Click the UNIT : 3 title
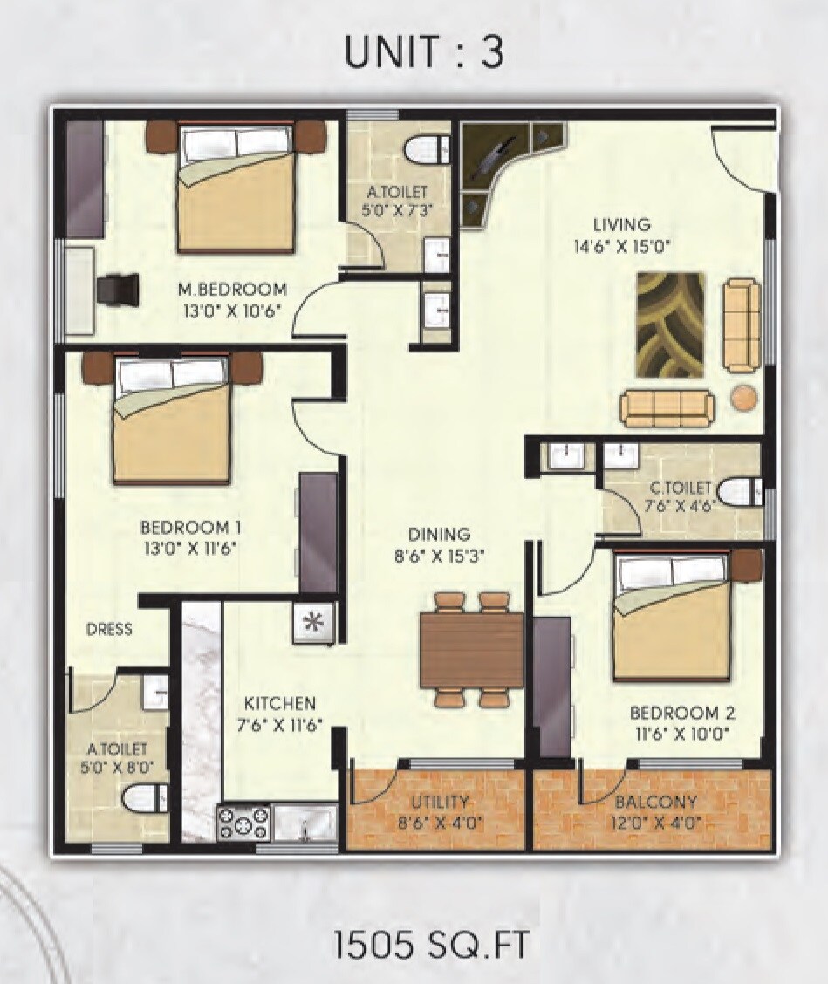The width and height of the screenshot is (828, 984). (x=424, y=53)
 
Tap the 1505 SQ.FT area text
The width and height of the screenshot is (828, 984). (x=431, y=945)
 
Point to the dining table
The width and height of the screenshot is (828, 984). (x=471, y=649)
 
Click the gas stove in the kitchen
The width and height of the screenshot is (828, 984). (x=243, y=822)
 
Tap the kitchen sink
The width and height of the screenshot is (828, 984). (x=305, y=822)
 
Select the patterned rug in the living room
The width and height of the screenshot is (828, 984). (x=670, y=325)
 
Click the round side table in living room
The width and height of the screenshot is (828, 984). (x=744, y=398)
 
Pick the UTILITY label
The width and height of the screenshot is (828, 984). (x=441, y=802)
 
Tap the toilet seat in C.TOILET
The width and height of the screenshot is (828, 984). (x=740, y=492)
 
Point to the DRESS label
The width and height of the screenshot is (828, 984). (x=110, y=629)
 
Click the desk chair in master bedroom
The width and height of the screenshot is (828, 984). (x=118, y=288)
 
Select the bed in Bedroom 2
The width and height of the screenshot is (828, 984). (x=672, y=615)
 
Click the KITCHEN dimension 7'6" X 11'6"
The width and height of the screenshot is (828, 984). (x=279, y=723)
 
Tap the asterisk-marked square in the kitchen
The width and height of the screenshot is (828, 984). (x=312, y=624)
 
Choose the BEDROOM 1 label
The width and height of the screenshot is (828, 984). (x=190, y=528)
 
